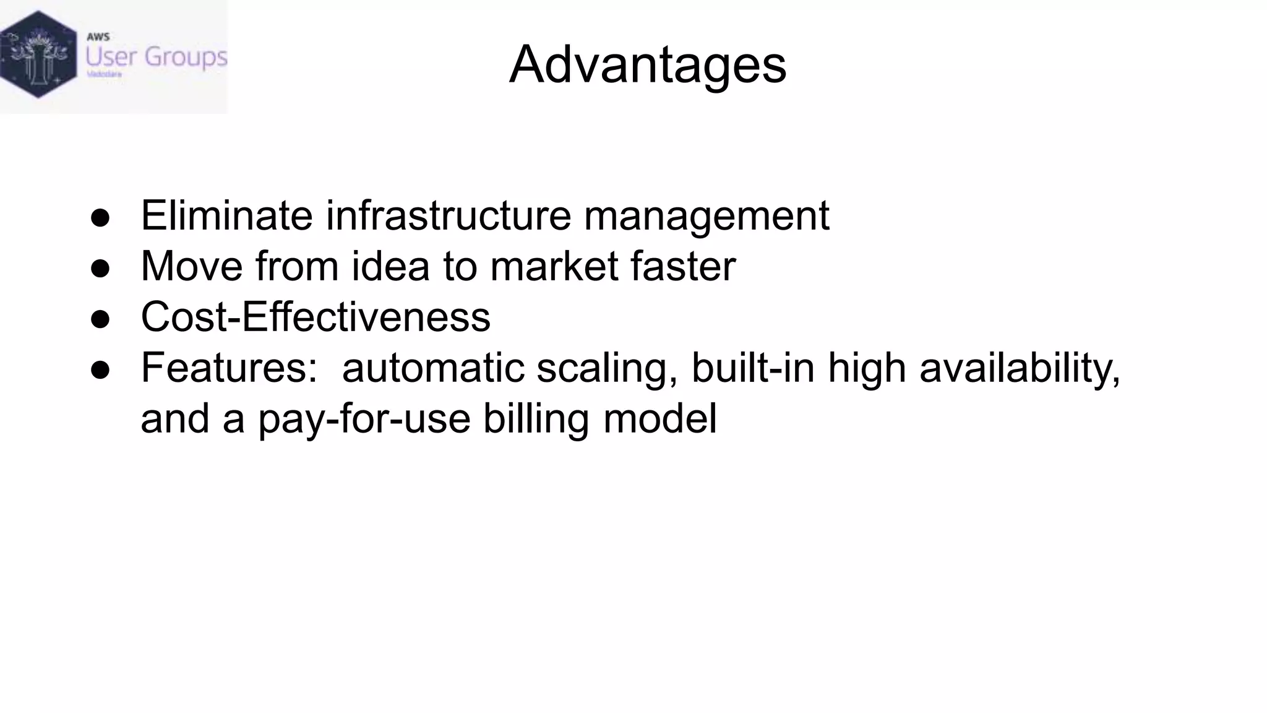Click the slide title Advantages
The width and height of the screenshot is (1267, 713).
[x=647, y=64]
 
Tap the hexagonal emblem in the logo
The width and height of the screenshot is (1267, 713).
[x=38, y=54]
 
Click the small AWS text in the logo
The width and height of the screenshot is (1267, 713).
[x=98, y=37]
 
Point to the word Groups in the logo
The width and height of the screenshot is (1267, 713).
[x=186, y=58]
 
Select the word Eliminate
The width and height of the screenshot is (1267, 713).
[x=226, y=215]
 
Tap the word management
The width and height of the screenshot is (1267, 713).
[x=706, y=215]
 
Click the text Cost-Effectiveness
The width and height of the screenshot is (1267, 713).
[x=316, y=317]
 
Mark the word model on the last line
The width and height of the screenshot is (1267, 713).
[x=659, y=418]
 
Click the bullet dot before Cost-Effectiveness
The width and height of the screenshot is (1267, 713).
[x=100, y=319]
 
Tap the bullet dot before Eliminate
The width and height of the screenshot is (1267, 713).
[x=100, y=218]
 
